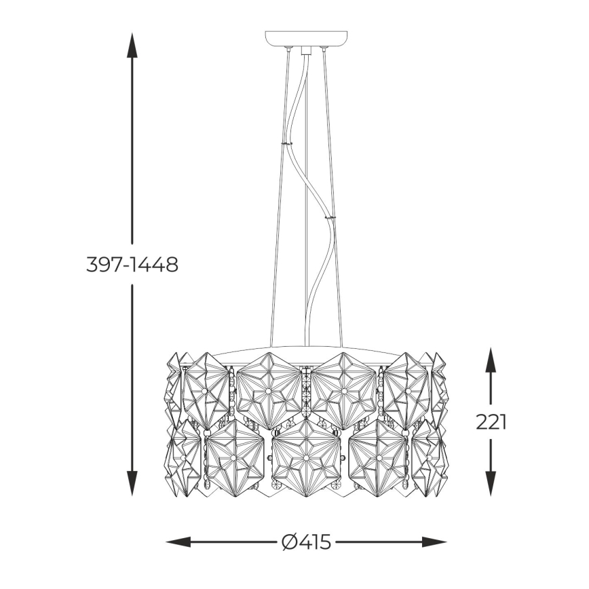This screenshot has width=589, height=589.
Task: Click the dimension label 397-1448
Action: tap(132, 265)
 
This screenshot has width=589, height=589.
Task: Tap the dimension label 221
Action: tap(491, 422)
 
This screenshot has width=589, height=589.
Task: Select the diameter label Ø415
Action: tap(306, 542)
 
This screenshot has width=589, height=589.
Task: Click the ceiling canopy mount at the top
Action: tap(306, 39)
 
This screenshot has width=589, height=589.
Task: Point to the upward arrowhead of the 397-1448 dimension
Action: tap(132, 45)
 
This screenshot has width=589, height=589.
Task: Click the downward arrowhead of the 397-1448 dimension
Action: tap(132, 483)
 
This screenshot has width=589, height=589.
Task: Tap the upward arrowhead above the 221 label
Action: tap(491, 360)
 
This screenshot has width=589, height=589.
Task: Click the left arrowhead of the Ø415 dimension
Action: tap(178, 542)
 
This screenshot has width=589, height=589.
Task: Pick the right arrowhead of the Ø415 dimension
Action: tap(434, 542)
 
